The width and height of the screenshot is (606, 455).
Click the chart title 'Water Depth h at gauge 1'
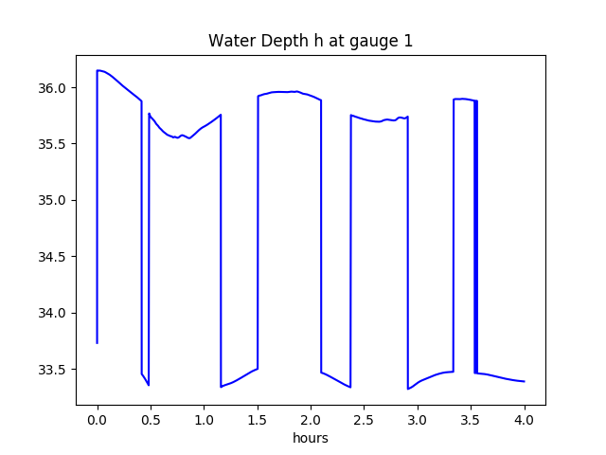click(311, 41)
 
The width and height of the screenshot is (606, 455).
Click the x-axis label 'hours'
click(311, 439)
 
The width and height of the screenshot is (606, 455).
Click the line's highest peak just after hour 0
click(98, 70)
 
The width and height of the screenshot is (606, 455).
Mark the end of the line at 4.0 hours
click(525, 381)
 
